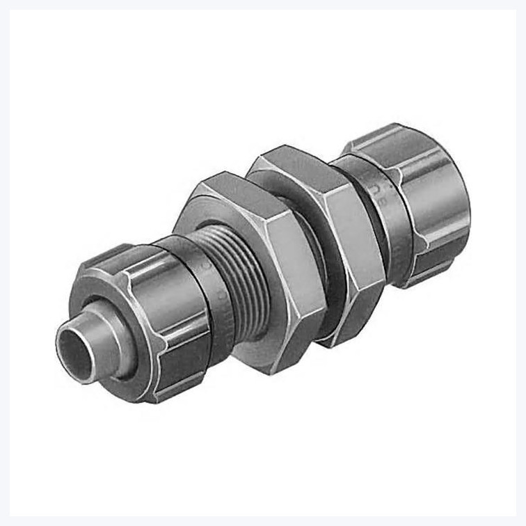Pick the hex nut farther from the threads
coord(327,230)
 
